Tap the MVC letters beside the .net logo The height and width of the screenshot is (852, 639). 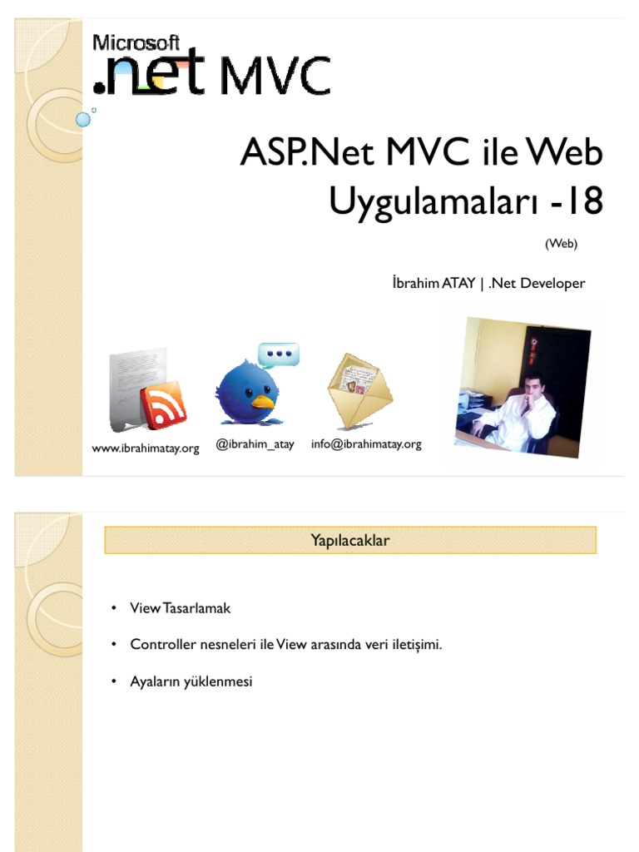[275, 77]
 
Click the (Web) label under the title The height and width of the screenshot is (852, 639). [561, 244]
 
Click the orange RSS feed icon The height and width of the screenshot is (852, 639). [163, 405]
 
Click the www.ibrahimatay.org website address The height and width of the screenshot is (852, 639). [146, 448]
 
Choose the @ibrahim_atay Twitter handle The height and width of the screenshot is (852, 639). [255, 444]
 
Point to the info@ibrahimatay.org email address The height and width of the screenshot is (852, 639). [366, 444]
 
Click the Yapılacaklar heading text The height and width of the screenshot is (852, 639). [350, 541]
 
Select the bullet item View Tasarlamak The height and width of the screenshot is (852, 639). [181, 608]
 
